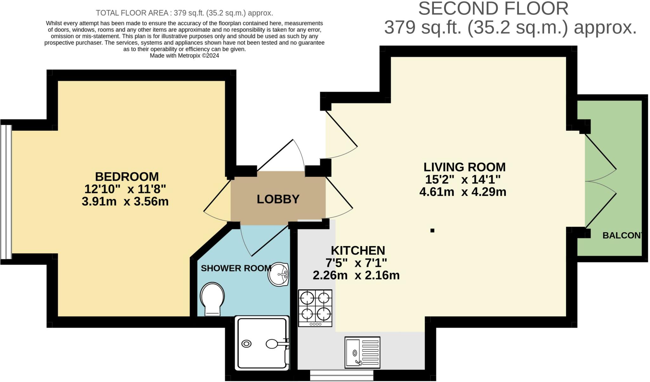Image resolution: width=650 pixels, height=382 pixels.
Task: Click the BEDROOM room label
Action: (x=127, y=177)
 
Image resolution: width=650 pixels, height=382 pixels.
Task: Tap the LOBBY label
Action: (x=278, y=199)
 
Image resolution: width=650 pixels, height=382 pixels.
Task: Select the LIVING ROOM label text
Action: (x=464, y=167)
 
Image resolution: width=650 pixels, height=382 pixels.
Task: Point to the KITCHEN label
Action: (x=358, y=251)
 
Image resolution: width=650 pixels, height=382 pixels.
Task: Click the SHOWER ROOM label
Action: (x=236, y=268)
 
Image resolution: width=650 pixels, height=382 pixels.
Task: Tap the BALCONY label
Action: (x=622, y=236)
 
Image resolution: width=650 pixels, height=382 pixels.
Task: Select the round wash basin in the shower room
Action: (x=278, y=274)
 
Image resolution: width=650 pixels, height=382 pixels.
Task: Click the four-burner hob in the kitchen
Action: (x=315, y=308)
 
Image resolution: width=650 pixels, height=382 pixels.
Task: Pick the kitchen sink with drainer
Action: (x=362, y=352)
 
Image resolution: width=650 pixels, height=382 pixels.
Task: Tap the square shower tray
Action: (x=262, y=343)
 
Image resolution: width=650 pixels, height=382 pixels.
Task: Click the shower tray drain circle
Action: (x=247, y=344)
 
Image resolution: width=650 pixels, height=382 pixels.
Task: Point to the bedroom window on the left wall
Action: (x=6, y=192)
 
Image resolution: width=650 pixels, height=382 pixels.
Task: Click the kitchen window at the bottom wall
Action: (x=342, y=375)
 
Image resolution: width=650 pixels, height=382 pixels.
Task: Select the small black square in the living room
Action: (x=432, y=231)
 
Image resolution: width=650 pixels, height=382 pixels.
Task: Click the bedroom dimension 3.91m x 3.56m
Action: (x=125, y=202)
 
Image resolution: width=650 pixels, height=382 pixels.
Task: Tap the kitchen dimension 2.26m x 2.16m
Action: (x=356, y=275)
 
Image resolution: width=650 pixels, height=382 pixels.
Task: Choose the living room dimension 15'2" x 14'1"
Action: (x=463, y=180)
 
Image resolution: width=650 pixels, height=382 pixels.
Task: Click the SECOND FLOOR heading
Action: (x=493, y=9)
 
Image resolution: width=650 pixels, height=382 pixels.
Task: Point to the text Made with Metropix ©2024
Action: (x=184, y=56)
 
